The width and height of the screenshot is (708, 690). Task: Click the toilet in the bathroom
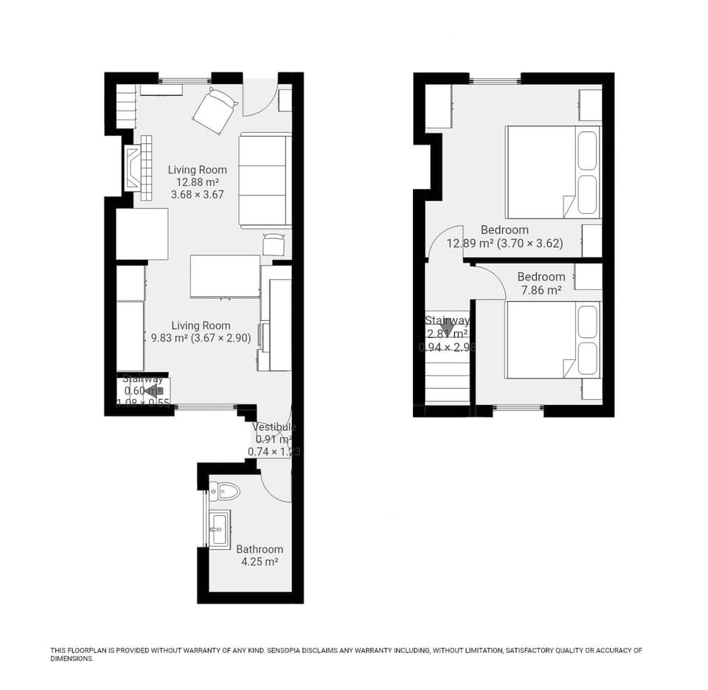click(x=225, y=491)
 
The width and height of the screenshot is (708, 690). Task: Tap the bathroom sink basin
click(x=219, y=528)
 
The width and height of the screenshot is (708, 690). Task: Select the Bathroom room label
click(x=260, y=549)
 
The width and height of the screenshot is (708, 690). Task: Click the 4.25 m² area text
click(x=260, y=562)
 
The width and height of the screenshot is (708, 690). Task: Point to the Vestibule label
click(x=274, y=427)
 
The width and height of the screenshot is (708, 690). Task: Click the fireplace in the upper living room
click(x=133, y=168)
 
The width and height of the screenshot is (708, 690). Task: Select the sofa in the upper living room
click(x=265, y=180)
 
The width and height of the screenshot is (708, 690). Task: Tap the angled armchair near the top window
click(x=215, y=110)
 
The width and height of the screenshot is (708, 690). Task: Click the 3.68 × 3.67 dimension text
click(x=197, y=195)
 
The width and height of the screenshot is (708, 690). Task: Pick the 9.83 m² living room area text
click(x=169, y=339)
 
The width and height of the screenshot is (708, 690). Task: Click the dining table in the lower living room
click(x=225, y=276)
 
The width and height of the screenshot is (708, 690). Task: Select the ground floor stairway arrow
click(x=153, y=391)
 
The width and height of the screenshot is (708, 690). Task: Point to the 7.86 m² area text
click(x=541, y=291)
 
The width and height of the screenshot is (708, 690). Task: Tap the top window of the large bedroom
click(x=495, y=79)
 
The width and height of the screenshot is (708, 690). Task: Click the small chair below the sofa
click(x=274, y=243)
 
